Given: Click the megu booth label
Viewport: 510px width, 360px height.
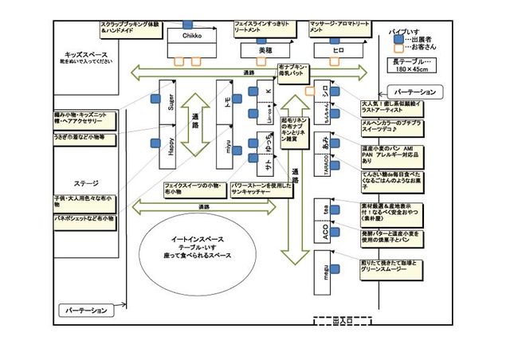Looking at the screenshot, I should click(x=325, y=268).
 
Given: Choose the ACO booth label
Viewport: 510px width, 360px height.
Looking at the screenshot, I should click(x=324, y=229).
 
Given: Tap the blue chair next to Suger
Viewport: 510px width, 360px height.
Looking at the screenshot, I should click(x=155, y=100).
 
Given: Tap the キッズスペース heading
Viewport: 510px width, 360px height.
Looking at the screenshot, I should click(x=84, y=54).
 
